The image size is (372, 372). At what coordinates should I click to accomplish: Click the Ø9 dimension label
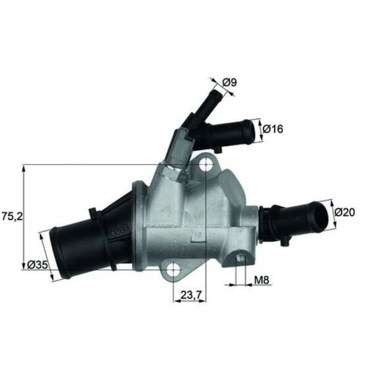(230, 83)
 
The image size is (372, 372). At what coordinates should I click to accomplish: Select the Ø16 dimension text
(273, 129)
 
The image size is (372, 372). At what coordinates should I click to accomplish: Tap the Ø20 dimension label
(345, 212)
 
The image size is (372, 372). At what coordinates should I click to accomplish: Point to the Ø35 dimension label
(37, 264)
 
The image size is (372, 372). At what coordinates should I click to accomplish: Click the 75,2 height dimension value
(12, 216)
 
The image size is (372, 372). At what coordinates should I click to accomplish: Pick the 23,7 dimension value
(191, 295)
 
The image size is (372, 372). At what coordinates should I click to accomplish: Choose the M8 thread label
(262, 280)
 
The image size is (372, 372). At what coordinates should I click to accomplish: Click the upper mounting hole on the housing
(206, 164)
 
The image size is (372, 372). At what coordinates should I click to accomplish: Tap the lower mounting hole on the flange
(173, 269)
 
